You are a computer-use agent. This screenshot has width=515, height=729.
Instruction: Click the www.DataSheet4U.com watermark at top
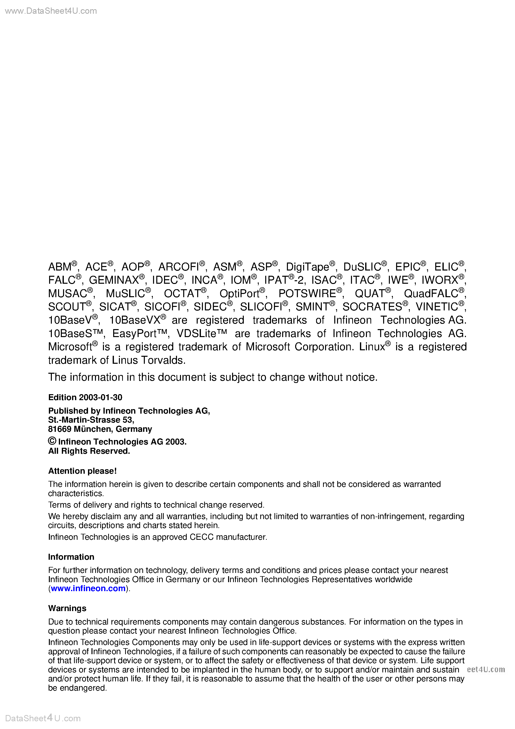(51, 11)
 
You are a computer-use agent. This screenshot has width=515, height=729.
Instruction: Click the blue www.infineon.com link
(88, 588)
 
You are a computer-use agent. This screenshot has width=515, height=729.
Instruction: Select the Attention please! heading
(82, 471)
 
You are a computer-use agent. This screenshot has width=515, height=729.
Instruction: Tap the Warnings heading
(67, 608)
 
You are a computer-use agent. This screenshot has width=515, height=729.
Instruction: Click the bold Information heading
(71, 557)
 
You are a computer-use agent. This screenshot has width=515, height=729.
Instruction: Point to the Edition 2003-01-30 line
(85, 397)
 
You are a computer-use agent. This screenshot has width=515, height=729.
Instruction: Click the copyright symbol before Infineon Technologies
(52, 441)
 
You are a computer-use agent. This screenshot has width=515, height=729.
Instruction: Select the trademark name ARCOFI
(178, 267)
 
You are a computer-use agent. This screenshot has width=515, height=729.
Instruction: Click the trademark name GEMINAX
(114, 280)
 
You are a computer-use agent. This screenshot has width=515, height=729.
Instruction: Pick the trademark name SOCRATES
(372, 307)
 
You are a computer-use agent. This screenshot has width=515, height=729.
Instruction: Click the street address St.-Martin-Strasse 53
(91, 420)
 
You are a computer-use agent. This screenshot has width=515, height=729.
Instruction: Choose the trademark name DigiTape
(307, 267)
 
